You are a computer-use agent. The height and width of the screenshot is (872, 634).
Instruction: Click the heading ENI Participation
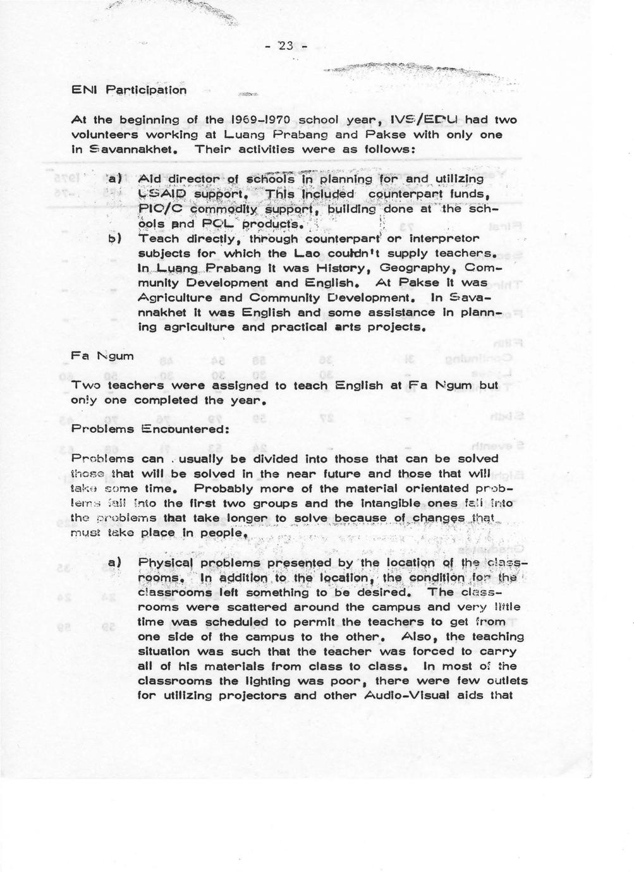129,90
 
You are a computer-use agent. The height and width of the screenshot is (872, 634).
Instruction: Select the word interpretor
436,239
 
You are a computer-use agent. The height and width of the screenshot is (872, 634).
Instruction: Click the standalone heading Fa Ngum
102,356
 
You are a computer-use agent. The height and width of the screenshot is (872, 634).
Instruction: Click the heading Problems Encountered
139,429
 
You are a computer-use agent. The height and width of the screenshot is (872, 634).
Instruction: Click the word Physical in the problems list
165,563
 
